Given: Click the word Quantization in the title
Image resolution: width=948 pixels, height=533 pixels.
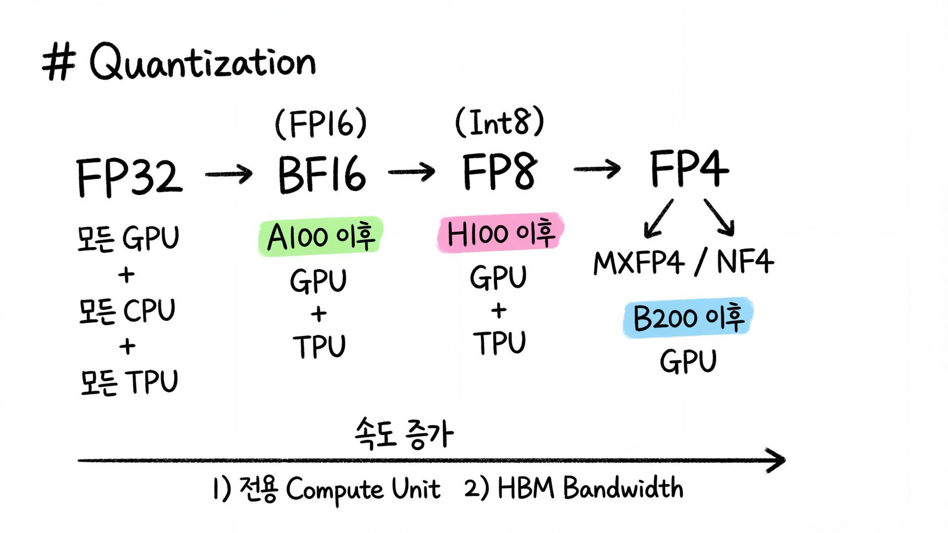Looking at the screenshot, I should pos(202,63).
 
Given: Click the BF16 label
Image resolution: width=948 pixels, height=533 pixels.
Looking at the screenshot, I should pos(322,174).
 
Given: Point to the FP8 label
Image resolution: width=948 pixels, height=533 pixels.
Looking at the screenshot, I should pos(500,171).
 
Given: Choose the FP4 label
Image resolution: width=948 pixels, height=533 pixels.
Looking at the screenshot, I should pos(689,169).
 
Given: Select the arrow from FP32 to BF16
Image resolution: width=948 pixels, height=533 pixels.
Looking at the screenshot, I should pos(229,174).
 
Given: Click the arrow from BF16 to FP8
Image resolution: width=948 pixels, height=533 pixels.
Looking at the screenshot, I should pos(411,172).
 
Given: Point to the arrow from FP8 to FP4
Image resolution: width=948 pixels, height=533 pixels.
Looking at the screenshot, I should pos(597,169).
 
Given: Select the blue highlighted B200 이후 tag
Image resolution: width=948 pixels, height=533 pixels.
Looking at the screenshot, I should pos(688,317).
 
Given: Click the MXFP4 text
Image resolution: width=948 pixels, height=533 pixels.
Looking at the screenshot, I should pos(639,262).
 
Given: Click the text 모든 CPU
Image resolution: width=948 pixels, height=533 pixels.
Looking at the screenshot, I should pos(127,311).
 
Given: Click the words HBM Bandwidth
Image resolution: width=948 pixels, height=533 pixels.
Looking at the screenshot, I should pos(591,488).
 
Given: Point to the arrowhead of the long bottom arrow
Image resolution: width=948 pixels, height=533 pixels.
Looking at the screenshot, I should pos(777,460).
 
